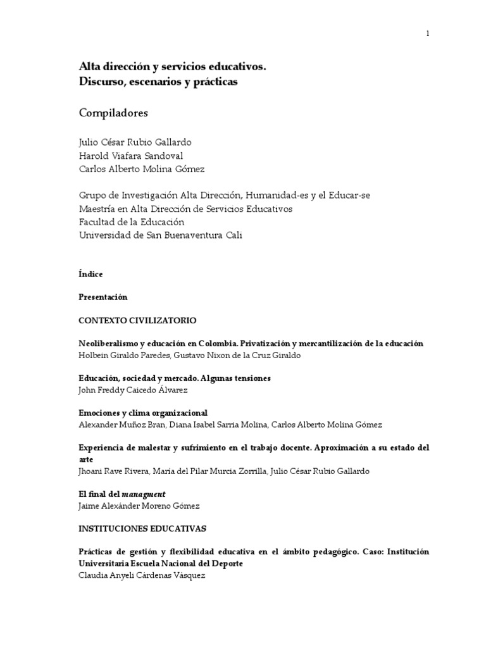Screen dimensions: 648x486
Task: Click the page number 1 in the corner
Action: coord(428,34)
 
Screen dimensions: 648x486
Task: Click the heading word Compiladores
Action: coord(113,113)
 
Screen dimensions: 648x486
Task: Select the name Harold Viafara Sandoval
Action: coord(131,155)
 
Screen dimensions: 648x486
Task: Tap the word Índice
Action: coord(90,274)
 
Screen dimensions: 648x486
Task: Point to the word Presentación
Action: coord(103,297)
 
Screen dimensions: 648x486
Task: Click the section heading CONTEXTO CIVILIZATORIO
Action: coord(137,320)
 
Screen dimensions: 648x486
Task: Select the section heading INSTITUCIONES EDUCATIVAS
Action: coord(142,528)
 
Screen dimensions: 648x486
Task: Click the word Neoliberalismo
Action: coord(111,344)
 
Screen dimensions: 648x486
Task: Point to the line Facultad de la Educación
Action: coord(132,221)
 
